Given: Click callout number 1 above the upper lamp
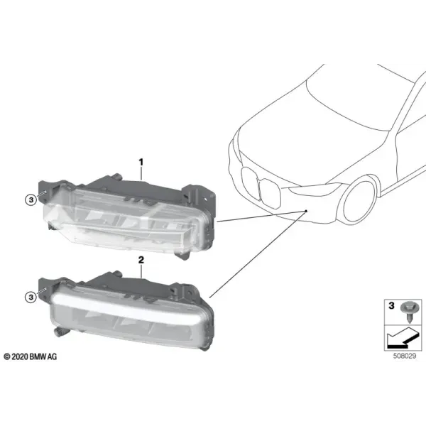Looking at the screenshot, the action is [x=141, y=162].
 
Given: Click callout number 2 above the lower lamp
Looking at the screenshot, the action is [x=141, y=260].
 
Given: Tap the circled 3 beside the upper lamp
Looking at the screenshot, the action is [x=31, y=200].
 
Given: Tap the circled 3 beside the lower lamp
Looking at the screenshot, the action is [x=31, y=297].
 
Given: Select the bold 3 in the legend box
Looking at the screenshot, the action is [x=391, y=305].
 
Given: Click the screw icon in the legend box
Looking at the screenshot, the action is [x=410, y=312].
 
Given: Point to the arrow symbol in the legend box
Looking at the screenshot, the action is [x=403, y=337].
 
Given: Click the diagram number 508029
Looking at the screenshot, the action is [x=405, y=356].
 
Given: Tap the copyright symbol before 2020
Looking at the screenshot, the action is [x=7, y=356].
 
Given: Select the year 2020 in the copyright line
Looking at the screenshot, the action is [x=20, y=356].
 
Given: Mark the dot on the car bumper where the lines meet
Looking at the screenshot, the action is [x=306, y=211].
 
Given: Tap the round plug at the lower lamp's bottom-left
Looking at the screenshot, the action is [x=59, y=332].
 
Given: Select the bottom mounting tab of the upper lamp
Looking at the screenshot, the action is [x=182, y=256].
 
